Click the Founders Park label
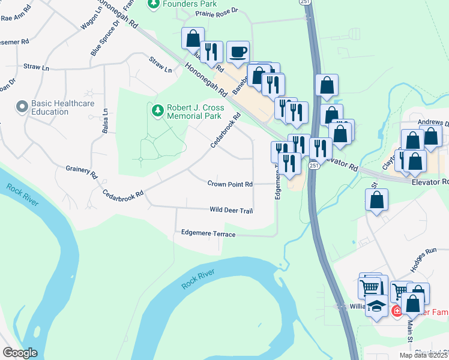click(184, 4)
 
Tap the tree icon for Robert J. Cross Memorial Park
click(157, 110)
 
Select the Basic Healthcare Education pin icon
click(22, 107)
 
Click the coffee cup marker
click(238, 52)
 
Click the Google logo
click(20, 353)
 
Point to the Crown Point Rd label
click(230, 184)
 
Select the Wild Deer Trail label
click(231, 211)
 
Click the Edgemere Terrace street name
click(208, 233)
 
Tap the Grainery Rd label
click(81, 172)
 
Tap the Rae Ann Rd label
click(14, 18)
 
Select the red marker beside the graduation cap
click(397, 310)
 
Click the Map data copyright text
click(424, 355)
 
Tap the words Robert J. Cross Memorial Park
click(195, 112)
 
